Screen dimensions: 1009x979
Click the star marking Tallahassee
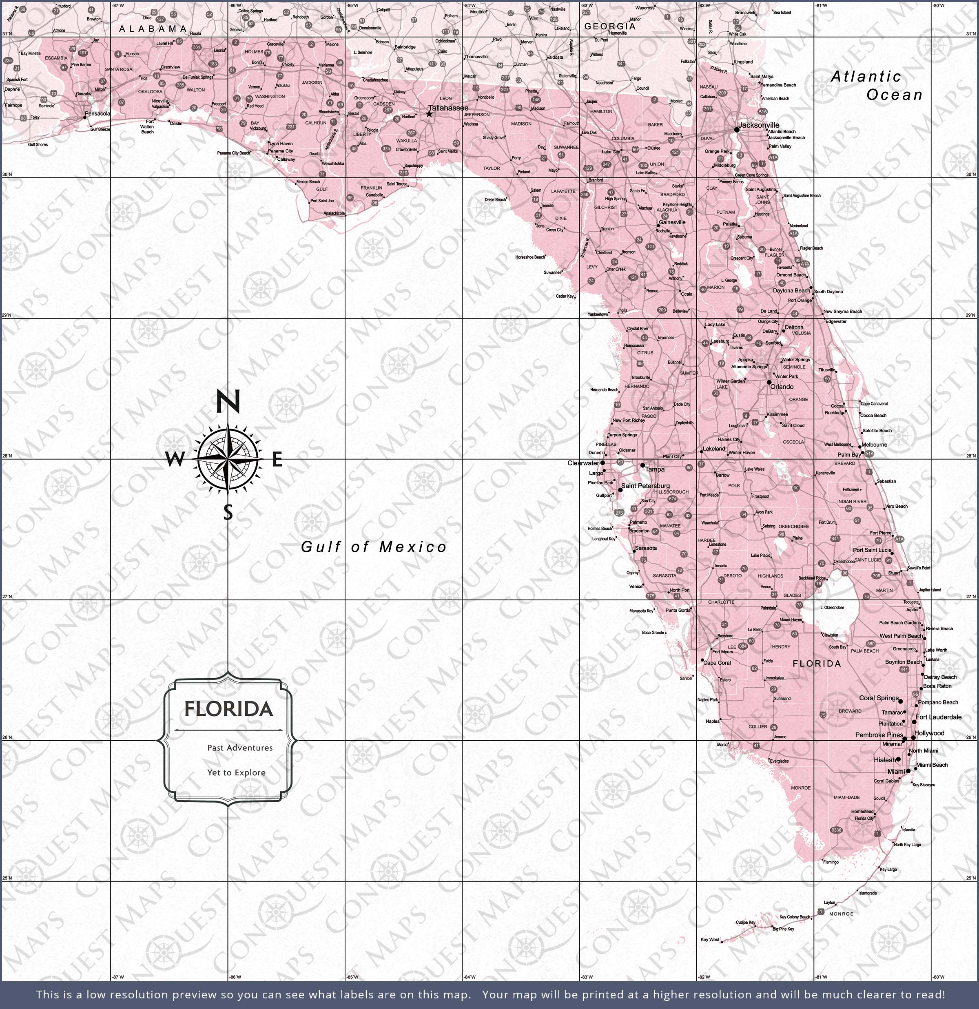click(x=429, y=114)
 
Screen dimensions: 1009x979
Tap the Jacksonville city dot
click(x=736, y=130)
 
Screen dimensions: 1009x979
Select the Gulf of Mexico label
click(x=374, y=547)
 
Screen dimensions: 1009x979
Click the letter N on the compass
click(x=227, y=402)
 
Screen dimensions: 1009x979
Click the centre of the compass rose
click(x=228, y=457)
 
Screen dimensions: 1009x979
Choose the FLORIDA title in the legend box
click(x=229, y=709)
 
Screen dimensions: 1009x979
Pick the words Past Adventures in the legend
click(x=240, y=748)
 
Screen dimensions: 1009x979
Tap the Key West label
click(x=710, y=940)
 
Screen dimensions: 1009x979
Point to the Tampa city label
click(x=655, y=469)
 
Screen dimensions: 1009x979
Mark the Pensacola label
click(x=97, y=113)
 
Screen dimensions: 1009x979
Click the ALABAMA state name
click(x=153, y=29)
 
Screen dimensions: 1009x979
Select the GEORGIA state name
click(x=610, y=26)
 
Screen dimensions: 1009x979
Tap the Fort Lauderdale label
click(x=938, y=717)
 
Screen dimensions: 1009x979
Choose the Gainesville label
click(x=673, y=222)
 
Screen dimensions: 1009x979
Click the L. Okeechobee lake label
click(x=832, y=607)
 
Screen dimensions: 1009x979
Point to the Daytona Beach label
click(x=791, y=290)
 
